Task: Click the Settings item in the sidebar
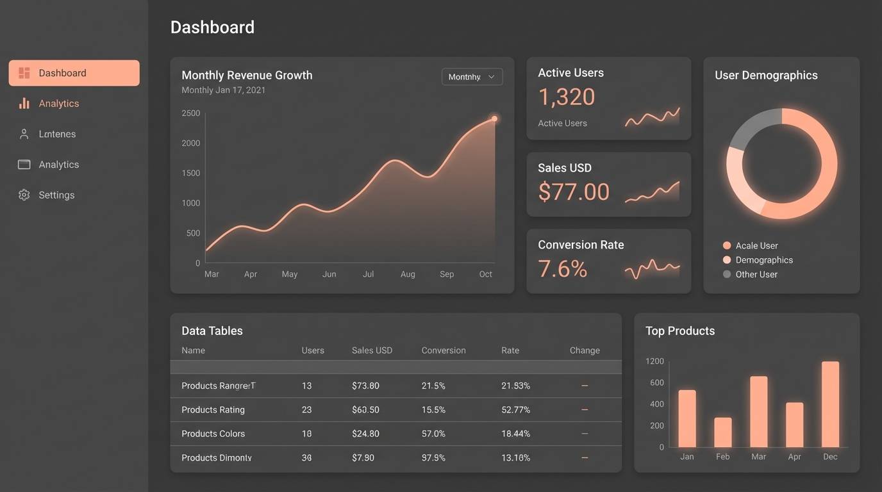point(56,195)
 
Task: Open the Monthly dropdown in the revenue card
point(472,77)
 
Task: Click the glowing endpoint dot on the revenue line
point(494,119)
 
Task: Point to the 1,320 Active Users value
point(567,97)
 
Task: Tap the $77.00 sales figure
point(574,192)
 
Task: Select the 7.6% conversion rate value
point(562,269)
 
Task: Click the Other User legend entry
point(756,274)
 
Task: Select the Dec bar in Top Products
point(830,404)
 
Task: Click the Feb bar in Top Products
point(722,432)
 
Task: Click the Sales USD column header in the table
point(372,350)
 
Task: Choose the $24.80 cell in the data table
point(365,434)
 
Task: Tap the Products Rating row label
point(213,410)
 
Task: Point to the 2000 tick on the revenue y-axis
point(191,143)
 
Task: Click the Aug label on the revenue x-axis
point(408,274)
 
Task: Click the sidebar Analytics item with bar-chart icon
point(58,104)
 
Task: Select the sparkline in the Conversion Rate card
point(652,269)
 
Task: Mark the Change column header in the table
point(585,350)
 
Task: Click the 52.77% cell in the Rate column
point(515,410)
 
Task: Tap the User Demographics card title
point(766,75)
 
